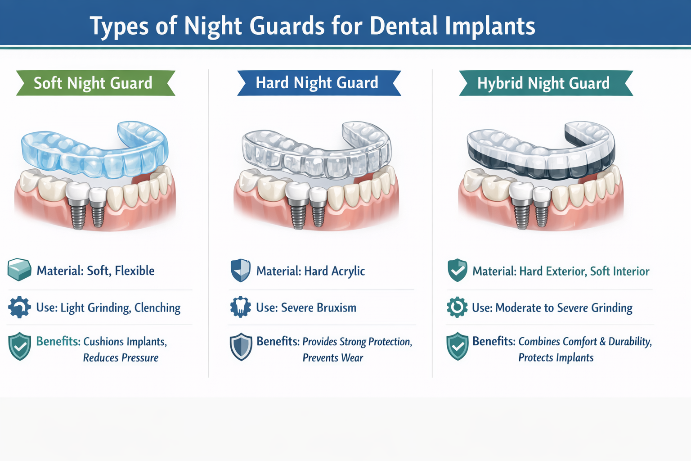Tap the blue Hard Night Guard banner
tap(317, 83)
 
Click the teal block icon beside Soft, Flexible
tap(19, 270)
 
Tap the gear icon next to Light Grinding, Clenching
tap(19, 307)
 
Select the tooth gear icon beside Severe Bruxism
tap(241, 307)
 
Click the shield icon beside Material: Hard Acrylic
tap(241, 271)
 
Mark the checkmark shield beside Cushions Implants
tap(20, 347)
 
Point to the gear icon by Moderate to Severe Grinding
tap(457, 307)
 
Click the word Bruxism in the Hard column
tap(336, 308)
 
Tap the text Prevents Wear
tap(332, 358)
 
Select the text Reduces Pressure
tap(121, 358)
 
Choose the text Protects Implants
tap(556, 358)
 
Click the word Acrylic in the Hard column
tap(348, 271)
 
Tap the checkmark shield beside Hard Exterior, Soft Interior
tap(457, 270)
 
